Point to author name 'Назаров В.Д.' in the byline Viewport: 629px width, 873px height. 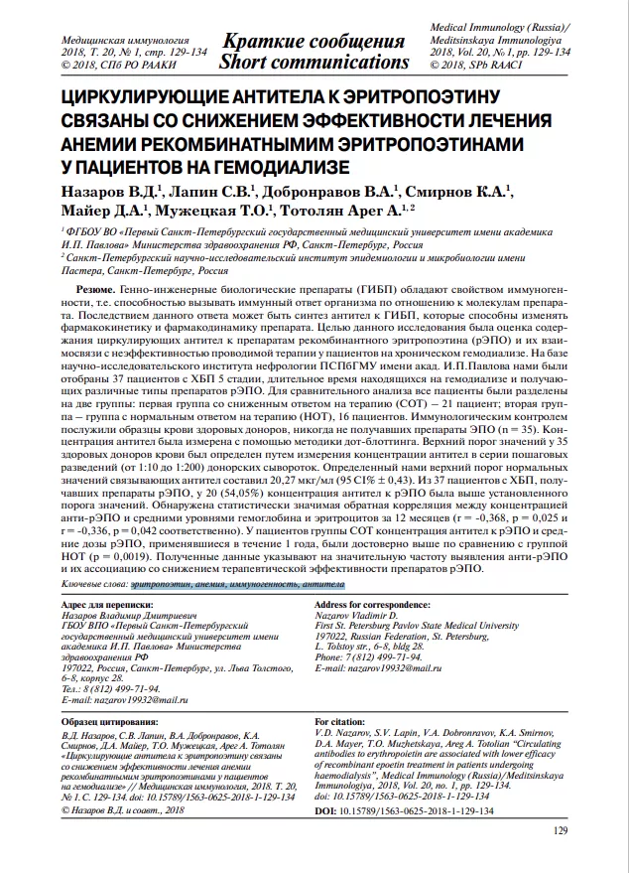(111, 189)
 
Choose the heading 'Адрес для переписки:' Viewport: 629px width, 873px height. (106, 605)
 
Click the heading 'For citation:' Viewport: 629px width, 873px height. (340, 721)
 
